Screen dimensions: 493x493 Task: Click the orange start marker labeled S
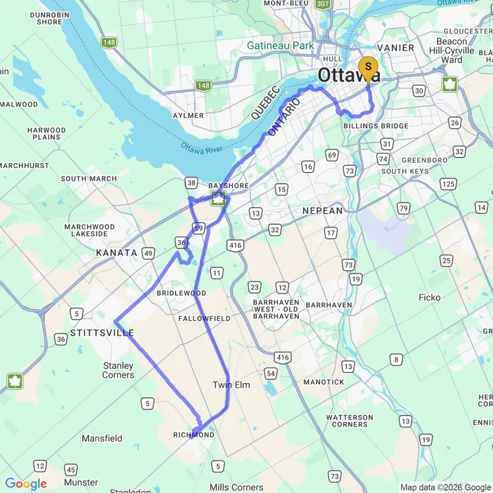368,66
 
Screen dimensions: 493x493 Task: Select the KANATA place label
116,252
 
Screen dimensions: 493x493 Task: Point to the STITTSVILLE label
102,333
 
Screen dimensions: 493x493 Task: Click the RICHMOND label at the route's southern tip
194,435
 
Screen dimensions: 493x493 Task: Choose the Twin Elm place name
231,385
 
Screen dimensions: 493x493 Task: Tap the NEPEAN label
323,211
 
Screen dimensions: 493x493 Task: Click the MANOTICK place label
324,382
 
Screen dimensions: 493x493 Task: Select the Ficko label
429,298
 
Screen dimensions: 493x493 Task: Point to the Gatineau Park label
281,45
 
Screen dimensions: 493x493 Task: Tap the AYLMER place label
187,116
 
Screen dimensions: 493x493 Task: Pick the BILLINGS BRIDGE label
375,126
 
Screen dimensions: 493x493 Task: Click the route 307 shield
322,4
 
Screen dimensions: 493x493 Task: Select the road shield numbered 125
448,183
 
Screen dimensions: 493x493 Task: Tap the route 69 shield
331,155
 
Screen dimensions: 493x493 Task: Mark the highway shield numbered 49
149,253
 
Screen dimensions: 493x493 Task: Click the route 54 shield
271,373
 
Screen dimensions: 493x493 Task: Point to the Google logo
26,484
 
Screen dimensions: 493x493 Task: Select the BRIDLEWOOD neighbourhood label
181,293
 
